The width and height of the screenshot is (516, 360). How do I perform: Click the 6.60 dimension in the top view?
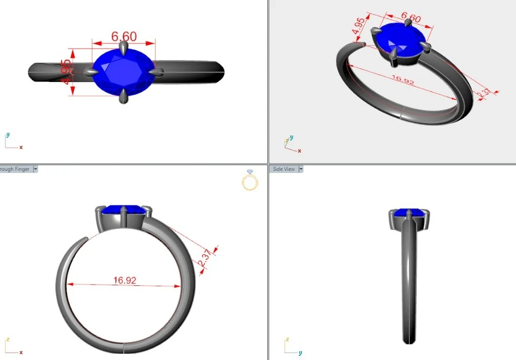coord(124,37)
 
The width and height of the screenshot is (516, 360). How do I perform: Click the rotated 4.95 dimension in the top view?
coord(66,73)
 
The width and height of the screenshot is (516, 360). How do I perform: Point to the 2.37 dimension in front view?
coord(205,257)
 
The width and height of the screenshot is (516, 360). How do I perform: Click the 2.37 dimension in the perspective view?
coord(484,94)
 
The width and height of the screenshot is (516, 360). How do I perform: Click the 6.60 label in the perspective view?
coord(411,18)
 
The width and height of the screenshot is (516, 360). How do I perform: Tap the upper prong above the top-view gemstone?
coord(123,49)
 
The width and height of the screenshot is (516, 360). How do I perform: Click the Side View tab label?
coord(284,169)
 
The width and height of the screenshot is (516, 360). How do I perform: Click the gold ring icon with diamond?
coord(250,180)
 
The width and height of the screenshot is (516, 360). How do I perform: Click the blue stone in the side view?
coord(409,212)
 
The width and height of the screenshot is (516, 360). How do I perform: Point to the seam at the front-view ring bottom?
coord(123,346)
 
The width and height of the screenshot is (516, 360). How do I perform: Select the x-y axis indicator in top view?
coord(13,143)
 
